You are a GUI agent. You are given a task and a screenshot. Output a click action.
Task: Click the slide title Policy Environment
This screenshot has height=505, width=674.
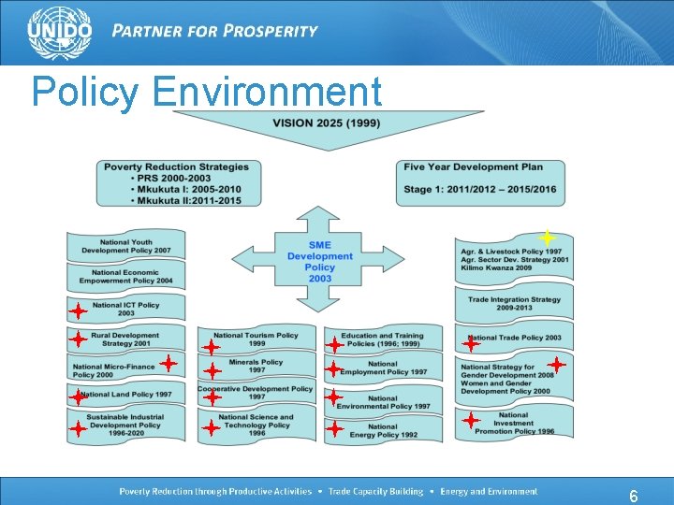click(206, 93)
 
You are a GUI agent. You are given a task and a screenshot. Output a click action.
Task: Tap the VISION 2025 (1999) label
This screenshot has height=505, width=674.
click(326, 123)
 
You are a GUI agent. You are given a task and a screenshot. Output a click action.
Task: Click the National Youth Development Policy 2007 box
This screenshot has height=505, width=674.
click(126, 246)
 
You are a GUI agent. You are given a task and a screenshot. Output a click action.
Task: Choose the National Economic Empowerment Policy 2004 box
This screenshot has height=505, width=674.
click(126, 276)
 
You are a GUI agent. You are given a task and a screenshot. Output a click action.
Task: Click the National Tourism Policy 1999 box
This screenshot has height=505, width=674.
click(256, 339)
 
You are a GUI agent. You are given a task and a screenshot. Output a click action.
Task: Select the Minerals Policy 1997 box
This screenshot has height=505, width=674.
click(256, 366)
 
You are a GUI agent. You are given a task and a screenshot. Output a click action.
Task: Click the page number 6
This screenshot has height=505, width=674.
click(634, 497)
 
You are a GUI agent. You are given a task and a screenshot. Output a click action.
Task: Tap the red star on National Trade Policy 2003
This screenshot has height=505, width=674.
click(471, 343)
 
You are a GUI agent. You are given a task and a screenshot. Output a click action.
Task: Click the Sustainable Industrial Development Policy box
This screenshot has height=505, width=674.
click(126, 426)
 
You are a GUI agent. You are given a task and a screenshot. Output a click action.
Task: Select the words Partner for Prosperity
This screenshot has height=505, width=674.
click(214, 30)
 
